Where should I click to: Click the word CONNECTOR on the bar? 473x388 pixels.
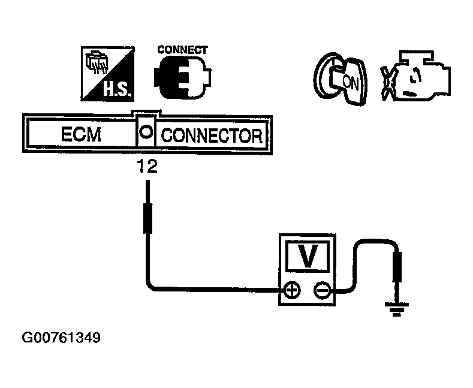212,135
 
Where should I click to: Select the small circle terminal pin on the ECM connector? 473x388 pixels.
145,131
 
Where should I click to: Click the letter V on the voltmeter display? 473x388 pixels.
308,257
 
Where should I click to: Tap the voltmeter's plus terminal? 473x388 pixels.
293,291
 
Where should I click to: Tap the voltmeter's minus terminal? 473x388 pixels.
321,291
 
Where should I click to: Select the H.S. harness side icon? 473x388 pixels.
107,74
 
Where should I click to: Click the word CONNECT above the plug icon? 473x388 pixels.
182,50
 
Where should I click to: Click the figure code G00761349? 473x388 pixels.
61,338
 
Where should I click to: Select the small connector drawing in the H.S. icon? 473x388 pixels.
96,62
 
